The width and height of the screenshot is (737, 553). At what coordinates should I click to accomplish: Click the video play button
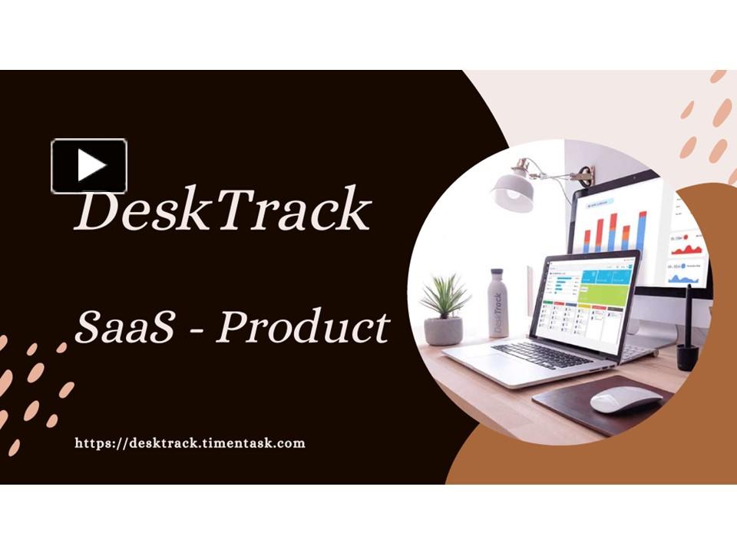[89, 165]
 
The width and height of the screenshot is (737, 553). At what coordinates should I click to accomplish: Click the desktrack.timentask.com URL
[190, 443]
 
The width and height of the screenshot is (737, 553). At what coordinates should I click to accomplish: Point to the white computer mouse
[625, 399]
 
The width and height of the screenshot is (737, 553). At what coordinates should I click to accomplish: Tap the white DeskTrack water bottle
[498, 303]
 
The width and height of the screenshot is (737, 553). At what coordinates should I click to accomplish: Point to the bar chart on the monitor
[615, 230]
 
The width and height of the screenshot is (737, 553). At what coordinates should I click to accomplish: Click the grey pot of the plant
[444, 329]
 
